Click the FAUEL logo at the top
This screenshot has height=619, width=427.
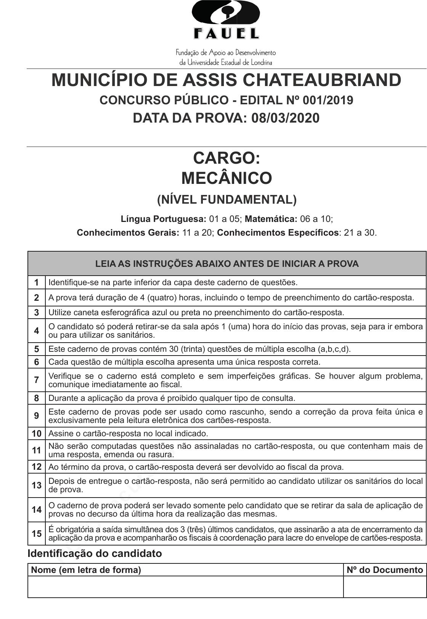pos(226,20)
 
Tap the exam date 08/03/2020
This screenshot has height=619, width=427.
pos(286,118)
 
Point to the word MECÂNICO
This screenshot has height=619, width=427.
pos(226,178)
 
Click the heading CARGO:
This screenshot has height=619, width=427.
pos(226,158)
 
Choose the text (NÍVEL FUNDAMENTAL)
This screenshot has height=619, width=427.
pos(226,199)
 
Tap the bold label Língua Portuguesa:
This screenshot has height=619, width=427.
pos(163,219)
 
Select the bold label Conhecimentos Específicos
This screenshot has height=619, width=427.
pos(278,233)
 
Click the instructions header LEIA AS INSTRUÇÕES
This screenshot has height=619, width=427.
pos(227,263)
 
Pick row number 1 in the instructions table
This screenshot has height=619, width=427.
pos(37,282)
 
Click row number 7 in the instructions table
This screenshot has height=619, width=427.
pos(37,380)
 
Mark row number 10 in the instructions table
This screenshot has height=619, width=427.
pos(37,434)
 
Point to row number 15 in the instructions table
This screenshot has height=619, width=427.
pos(37,534)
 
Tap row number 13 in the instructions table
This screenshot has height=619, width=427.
pos(37,485)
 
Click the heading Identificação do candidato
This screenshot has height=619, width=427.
pos(95,554)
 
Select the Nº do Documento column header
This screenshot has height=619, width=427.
pos(385,570)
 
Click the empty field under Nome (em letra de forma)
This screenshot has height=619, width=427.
pos(185,587)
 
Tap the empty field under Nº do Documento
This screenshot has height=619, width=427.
pos(385,587)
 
